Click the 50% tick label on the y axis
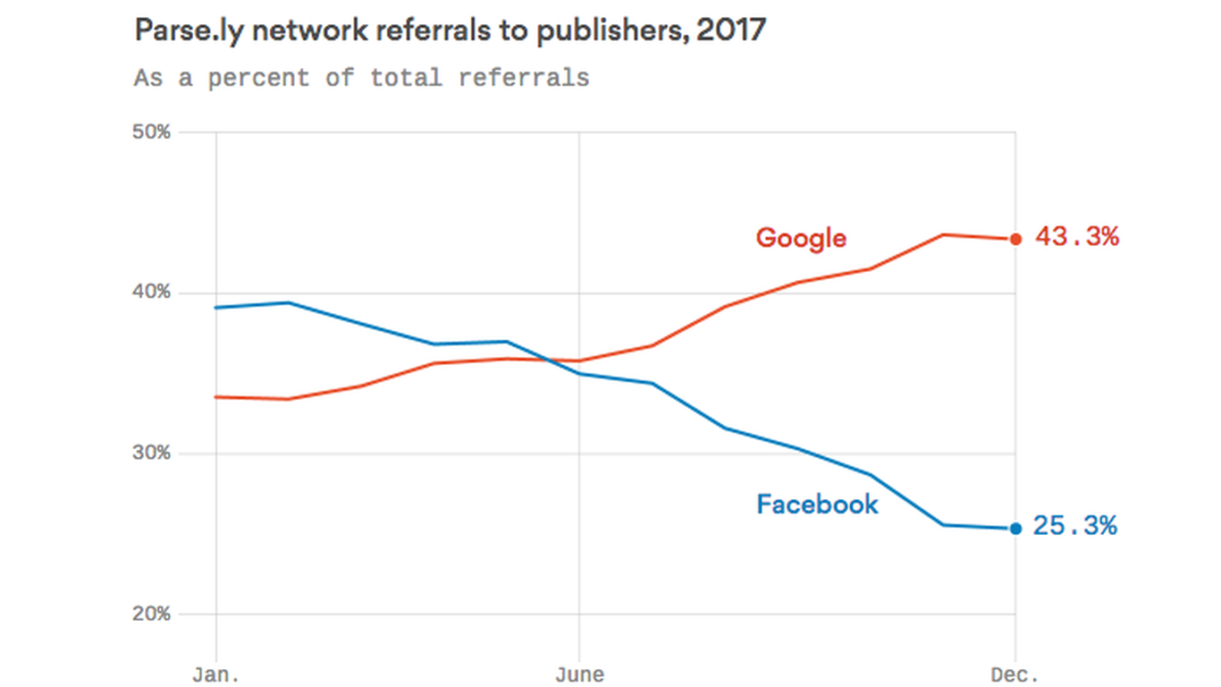[x=151, y=132]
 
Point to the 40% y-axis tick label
[x=151, y=293]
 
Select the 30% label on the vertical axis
[x=151, y=454]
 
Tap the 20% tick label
[x=151, y=615]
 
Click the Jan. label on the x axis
[x=215, y=674]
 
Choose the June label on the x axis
[x=579, y=674]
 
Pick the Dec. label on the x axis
[x=1015, y=674]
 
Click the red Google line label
[x=801, y=238]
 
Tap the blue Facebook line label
[x=817, y=505]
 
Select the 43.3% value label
[x=1077, y=237]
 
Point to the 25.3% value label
[x=1075, y=526]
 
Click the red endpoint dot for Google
[x=1015, y=239]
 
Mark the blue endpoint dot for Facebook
[x=1015, y=529]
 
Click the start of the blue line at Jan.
[x=216, y=308]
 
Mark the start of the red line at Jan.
[x=216, y=396]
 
